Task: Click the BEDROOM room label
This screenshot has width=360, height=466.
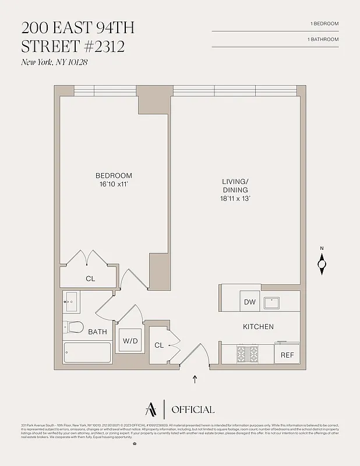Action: [x=114, y=175]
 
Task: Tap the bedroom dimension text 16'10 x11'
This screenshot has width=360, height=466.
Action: [x=114, y=184]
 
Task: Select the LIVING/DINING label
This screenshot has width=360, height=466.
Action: [x=235, y=186]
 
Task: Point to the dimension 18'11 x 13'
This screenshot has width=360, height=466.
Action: [x=235, y=199]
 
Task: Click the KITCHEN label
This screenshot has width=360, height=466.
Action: [x=258, y=327]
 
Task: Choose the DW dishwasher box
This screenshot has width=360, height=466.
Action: [x=249, y=302]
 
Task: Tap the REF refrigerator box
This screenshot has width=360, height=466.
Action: [x=287, y=354]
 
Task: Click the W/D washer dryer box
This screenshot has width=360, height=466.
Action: [x=130, y=341]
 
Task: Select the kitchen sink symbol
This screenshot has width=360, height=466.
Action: [x=272, y=302]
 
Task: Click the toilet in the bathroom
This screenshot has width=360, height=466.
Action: [x=73, y=327]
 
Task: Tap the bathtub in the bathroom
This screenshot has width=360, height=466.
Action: [x=87, y=354]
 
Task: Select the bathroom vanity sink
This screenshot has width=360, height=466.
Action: [x=71, y=302]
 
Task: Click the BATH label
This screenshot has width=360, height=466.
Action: [x=97, y=332]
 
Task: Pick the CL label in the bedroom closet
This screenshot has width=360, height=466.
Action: [x=90, y=279]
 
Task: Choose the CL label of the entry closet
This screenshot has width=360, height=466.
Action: [x=159, y=345]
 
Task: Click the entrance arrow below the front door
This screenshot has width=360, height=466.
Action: [x=195, y=380]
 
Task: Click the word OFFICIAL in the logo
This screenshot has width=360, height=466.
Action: [x=193, y=409]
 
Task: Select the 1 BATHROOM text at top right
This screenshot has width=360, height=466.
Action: [x=323, y=39]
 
